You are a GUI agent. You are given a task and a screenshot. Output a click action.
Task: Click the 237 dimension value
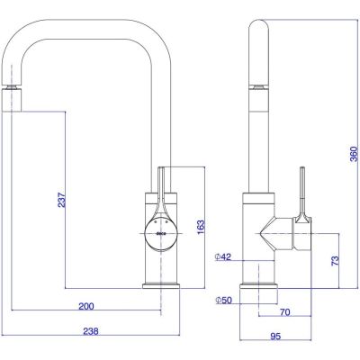pos(61,200)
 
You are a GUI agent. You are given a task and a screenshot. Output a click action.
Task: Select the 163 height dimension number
pos(201,227)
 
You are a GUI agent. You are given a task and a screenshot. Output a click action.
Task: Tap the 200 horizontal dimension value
pos(86,306)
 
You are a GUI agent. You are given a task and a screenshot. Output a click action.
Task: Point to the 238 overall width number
pos(91,331)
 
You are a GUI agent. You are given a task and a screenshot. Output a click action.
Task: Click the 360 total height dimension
pos(355,154)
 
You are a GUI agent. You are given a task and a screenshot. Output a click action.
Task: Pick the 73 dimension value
pos(336,260)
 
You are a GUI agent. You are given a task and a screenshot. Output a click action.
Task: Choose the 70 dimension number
pos(285,312)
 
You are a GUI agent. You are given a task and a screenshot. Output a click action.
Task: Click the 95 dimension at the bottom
pos(275,337)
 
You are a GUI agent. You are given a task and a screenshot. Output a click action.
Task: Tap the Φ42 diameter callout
pos(223,256)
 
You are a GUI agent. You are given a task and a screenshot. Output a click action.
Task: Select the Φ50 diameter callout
pos(224,300)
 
